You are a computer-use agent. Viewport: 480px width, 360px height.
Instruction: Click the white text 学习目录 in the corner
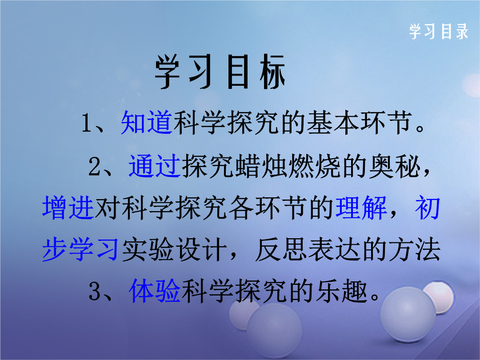(439, 32)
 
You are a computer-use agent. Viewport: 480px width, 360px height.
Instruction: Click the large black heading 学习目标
(220, 72)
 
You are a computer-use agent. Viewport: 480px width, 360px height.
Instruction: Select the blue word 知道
(146, 123)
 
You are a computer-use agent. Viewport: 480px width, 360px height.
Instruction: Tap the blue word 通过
(154, 166)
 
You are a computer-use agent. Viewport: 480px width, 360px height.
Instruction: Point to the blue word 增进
(68, 208)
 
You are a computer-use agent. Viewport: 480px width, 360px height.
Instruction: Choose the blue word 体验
(155, 291)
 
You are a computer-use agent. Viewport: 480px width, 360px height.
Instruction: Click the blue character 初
(428, 208)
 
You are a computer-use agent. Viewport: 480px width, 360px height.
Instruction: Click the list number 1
(86, 124)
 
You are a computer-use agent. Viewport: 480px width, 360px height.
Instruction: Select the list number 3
(95, 292)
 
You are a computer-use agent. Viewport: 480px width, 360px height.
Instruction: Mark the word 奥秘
(394, 166)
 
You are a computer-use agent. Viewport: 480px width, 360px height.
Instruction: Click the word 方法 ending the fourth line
(414, 250)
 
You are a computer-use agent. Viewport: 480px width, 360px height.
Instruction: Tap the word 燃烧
(314, 166)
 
